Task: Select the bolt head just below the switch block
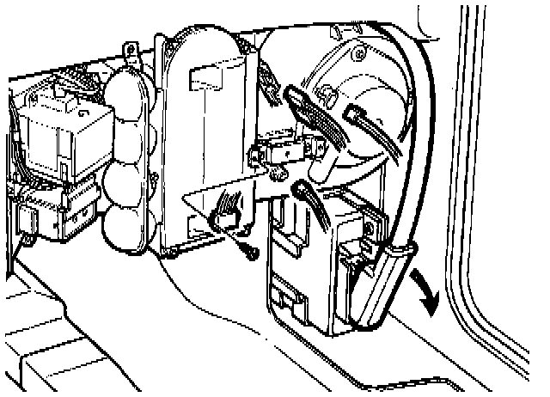[278, 174]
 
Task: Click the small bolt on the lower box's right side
[369, 229]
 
